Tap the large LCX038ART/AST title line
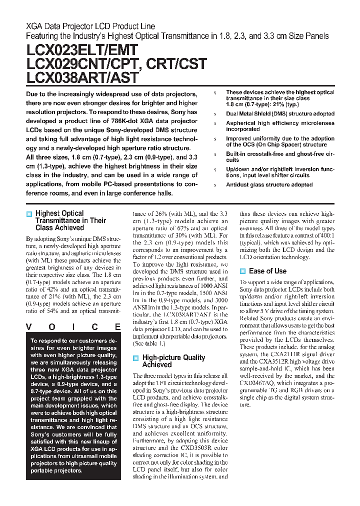(x=82, y=78)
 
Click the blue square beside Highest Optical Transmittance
(x=29, y=214)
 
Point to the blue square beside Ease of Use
(x=242, y=271)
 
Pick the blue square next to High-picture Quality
(x=135, y=358)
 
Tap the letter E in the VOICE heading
(x=117, y=327)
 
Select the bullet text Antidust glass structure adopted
(x=269, y=185)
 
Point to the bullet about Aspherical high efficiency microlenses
(x=280, y=126)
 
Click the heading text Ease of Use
(x=267, y=271)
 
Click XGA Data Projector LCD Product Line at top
(x=90, y=26)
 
